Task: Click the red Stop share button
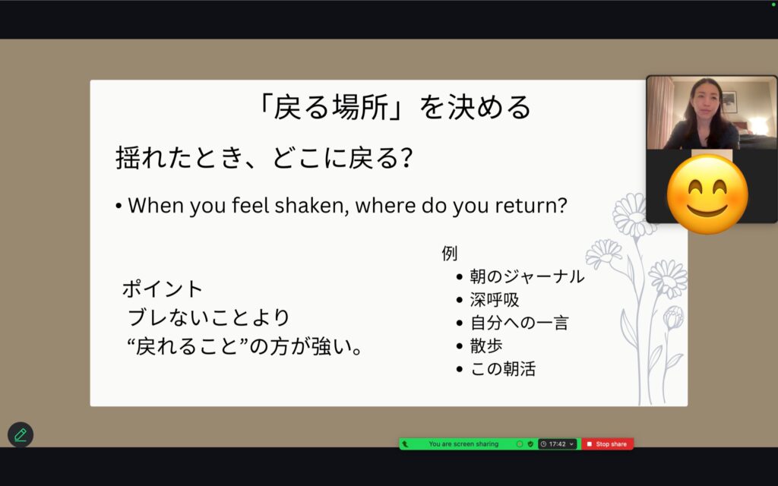pyautogui.click(x=607, y=443)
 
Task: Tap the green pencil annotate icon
pyautogui.click(x=21, y=435)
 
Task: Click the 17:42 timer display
pyautogui.click(x=557, y=443)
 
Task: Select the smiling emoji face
pyautogui.click(x=707, y=194)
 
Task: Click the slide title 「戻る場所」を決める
pyautogui.click(x=395, y=107)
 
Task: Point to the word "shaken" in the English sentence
pyautogui.click(x=312, y=205)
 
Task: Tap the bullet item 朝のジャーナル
pyautogui.click(x=527, y=276)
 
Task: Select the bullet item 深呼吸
pyautogui.click(x=494, y=299)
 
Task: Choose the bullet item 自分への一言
pyautogui.click(x=519, y=323)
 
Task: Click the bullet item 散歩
pyautogui.click(x=486, y=346)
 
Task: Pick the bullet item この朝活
pyautogui.click(x=503, y=369)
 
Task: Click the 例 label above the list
pyautogui.click(x=450, y=254)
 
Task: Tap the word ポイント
pyautogui.click(x=163, y=289)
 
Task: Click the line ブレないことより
pyautogui.click(x=208, y=317)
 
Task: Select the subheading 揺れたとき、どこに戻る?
pyautogui.click(x=264, y=158)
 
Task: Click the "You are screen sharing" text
pyautogui.click(x=463, y=443)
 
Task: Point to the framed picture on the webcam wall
pyautogui.click(x=729, y=103)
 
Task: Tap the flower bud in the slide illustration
pyautogui.click(x=673, y=317)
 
